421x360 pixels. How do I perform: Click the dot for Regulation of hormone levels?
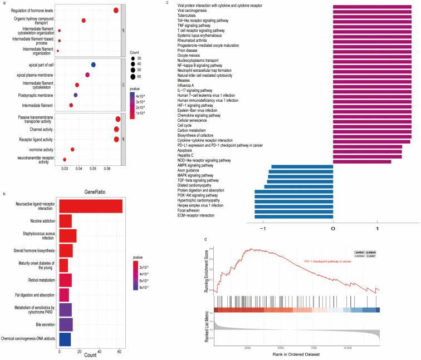pyautogui.click(x=116, y=11)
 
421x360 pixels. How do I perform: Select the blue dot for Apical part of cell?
pyautogui.click(x=93, y=65)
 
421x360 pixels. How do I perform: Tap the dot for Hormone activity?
pyautogui.click(x=72, y=149)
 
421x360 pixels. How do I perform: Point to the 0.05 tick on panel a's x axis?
pyautogui.click(x=92, y=167)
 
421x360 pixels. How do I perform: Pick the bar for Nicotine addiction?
pyautogui.click(x=65, y=221)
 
